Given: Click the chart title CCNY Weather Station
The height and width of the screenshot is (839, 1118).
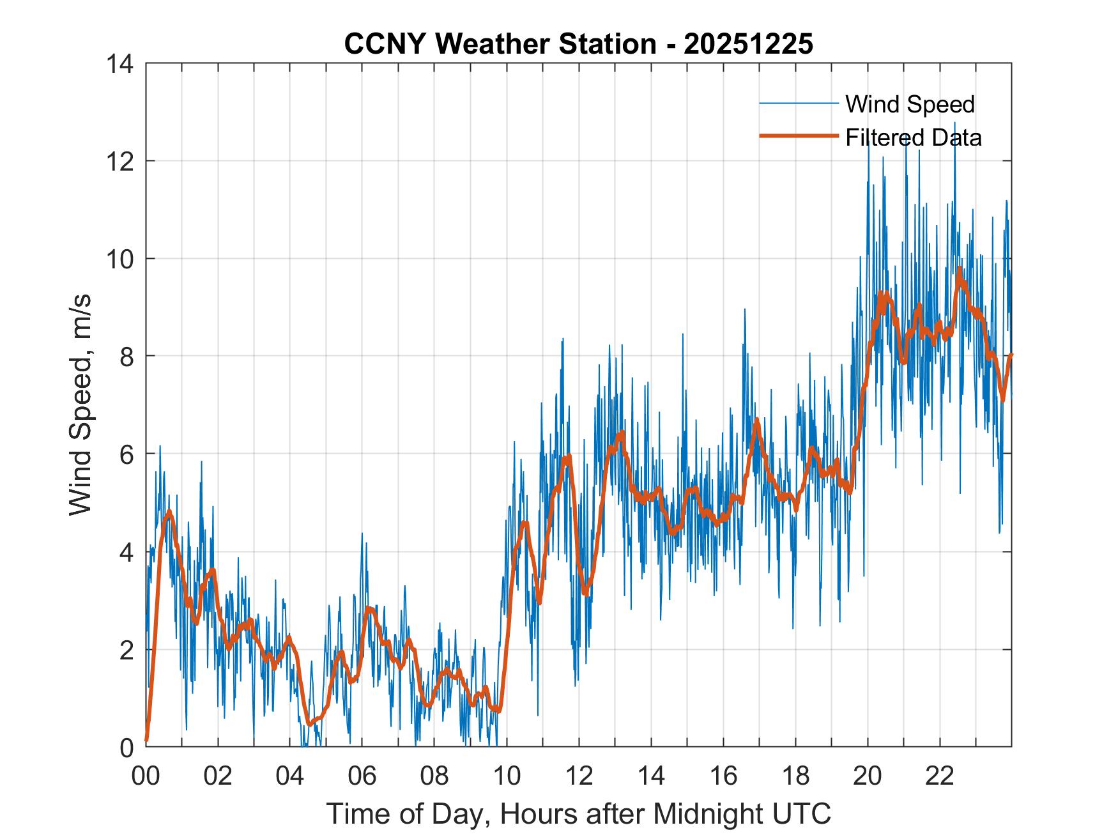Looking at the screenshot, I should tap(500, 44).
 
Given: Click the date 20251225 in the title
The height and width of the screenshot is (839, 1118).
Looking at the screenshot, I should tap(748, 44).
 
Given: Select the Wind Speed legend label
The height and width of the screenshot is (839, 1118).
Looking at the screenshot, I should tap(910, 104).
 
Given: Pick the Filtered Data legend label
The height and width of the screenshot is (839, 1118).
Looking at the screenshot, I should tap(913, 137).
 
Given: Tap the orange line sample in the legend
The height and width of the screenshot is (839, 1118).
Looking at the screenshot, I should tap(799, 136).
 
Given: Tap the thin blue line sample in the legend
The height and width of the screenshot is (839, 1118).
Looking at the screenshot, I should tap(799, 104).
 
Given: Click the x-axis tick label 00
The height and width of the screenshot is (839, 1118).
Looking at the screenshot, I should tap(146, 776).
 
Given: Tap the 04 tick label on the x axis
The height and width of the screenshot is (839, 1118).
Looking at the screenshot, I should tap(290, 776).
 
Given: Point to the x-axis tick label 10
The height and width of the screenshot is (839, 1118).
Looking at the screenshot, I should tap(507, 776).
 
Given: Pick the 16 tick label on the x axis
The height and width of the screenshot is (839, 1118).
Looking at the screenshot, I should tap(723, 776).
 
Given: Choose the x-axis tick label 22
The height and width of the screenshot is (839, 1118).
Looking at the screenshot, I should tap(940, 776).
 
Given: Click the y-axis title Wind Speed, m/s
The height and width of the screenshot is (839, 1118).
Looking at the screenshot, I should tap(81, 404).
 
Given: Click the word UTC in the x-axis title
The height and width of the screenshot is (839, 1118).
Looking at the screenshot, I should tap(802, 814).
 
